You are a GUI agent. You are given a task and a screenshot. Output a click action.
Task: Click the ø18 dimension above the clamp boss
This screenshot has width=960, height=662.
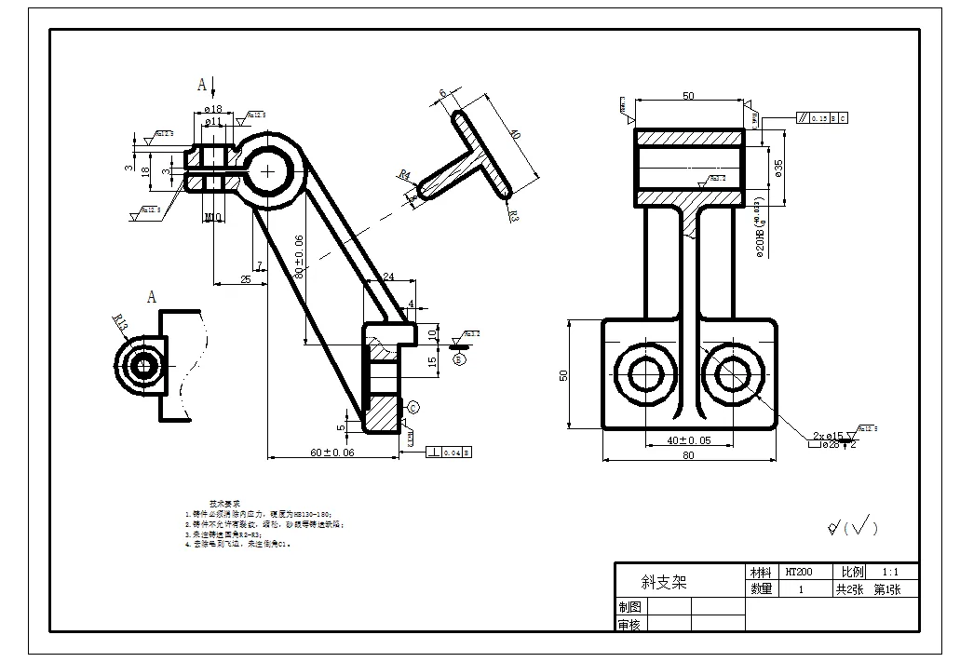point(212,110)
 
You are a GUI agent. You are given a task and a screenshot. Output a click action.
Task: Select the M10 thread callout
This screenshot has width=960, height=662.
point(213,217)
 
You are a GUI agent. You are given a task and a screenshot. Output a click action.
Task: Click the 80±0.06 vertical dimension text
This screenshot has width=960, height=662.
point(299,257)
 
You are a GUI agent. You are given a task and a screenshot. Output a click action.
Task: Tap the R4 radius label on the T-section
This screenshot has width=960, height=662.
point(404,174)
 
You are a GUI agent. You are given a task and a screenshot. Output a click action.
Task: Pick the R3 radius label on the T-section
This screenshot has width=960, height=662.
point(515,216)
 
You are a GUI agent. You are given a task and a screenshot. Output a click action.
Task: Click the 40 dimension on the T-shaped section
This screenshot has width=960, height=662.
point(513,135)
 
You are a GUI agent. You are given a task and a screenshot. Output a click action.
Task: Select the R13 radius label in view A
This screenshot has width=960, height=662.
point(120,322)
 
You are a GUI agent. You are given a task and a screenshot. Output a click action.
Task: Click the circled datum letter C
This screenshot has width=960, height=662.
point(413,406)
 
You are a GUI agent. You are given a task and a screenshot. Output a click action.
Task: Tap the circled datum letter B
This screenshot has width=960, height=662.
point(458,357)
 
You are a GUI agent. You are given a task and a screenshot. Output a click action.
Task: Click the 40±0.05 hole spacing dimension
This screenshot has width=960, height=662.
point(689,439)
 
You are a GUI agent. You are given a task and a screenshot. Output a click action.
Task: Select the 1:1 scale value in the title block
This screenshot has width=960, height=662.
point(889,572)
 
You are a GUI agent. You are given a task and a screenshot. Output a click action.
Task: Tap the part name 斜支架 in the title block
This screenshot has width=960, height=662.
point(664,582)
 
